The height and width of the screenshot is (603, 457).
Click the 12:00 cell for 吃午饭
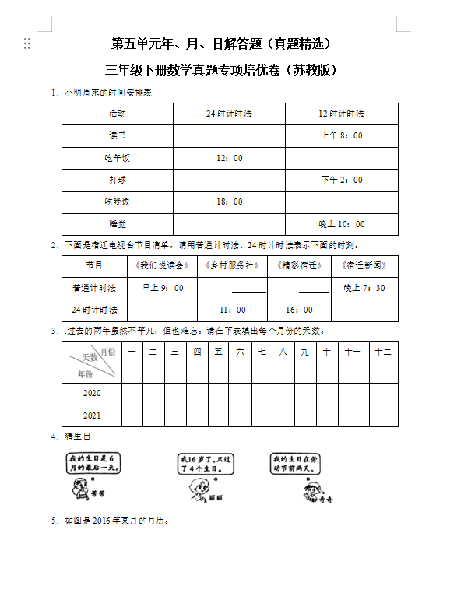[229, 158]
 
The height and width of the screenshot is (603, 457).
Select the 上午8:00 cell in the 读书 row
[342, 135]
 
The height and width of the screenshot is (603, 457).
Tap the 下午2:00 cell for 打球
[342, 180]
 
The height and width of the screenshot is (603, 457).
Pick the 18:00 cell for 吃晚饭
[229, 202]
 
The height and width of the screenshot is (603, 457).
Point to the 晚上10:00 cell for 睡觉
[342, 224]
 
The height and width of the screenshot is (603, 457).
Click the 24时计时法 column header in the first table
[229, 114]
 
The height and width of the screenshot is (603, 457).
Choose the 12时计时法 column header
[342, 114]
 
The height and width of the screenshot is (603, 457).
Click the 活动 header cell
[118, 114]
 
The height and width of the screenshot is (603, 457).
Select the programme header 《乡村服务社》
[232, 265]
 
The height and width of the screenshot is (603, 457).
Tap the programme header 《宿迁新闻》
[364, 265]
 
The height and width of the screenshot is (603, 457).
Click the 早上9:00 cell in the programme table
[163, 288]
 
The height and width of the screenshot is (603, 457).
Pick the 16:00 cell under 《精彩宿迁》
[299, 310]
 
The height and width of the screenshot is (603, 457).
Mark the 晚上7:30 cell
[364, 288]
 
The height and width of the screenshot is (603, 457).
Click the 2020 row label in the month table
[92, 394]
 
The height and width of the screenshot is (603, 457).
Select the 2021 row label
[92, 415]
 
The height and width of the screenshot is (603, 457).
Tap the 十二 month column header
[382, 352]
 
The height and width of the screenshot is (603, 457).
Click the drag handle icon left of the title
[28, 44]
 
